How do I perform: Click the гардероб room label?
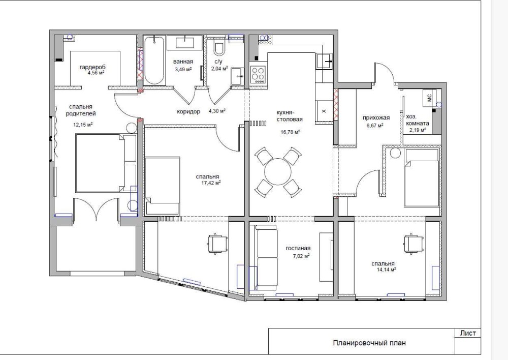(92, 67)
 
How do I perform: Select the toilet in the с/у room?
(219, 47)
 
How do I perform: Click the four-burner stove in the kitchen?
(258, 74)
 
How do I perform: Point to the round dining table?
(278, 171)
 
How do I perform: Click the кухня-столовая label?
(290, 116)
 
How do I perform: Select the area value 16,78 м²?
(290, 132)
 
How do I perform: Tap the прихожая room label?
(376, 118)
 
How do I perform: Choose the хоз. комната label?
(418, 120)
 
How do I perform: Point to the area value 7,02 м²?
(300, 256)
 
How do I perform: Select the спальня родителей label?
(81, 110)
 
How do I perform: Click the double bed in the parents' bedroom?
(106, 163)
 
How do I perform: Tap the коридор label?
(188, 111)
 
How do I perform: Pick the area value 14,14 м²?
(386, 269)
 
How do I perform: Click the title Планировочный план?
(369, 343)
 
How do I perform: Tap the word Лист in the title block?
(468, 333)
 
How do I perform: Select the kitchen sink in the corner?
(324, 61)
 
